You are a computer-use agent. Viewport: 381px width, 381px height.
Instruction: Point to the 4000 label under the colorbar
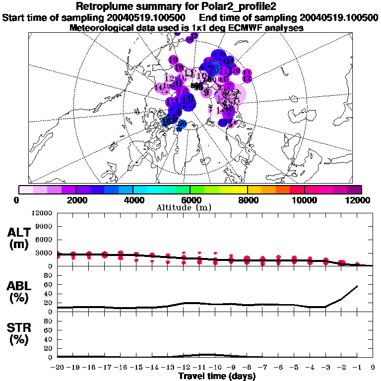click(x=132, y=200)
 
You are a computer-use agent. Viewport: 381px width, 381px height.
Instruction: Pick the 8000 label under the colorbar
click(x=247, y=200)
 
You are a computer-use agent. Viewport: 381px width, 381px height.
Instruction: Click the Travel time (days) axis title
click(x=217, y=377)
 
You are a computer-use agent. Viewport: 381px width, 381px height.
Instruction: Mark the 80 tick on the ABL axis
click(x=49, y=275)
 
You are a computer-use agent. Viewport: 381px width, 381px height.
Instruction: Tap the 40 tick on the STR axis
click(x=49, y=339)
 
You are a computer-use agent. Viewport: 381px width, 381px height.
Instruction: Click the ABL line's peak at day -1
click(x=357, y=286)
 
